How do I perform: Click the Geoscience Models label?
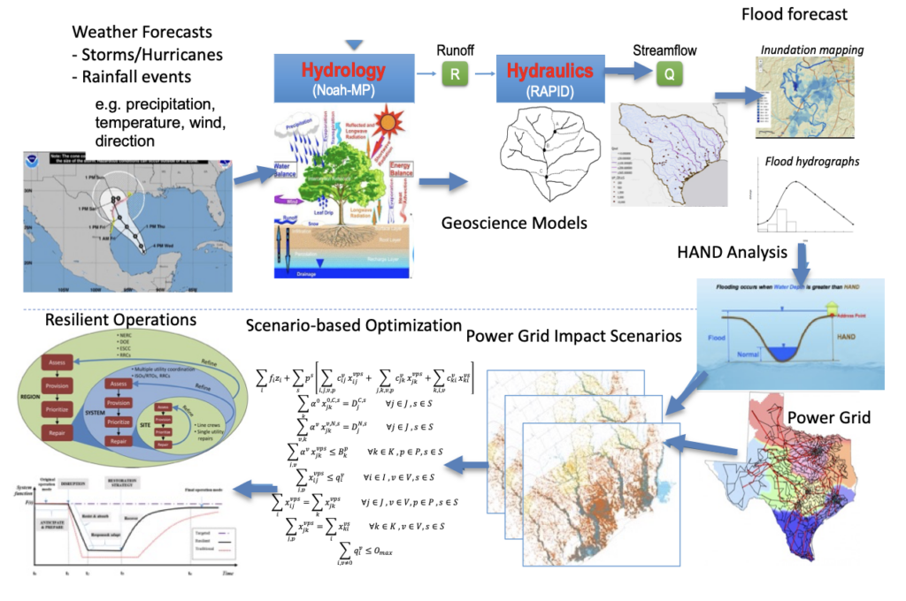point(514,223)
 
